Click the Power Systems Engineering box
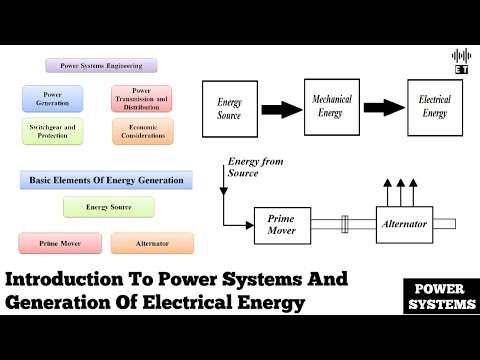(x=101, y=66)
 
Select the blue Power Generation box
(x=49, y=98)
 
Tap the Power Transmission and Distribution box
(x=141, y=98)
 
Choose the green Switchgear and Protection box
(x=49, y=131)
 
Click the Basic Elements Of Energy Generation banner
(x=107, y=180)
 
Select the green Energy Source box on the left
(x=109, y=207)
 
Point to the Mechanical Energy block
(x=331, y=106)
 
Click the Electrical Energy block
(x=433, y=106)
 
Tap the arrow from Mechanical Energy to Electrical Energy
(x=382, y=107)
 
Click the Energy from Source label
(x=257, y=167)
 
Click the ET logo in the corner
(x=461, y=60)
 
